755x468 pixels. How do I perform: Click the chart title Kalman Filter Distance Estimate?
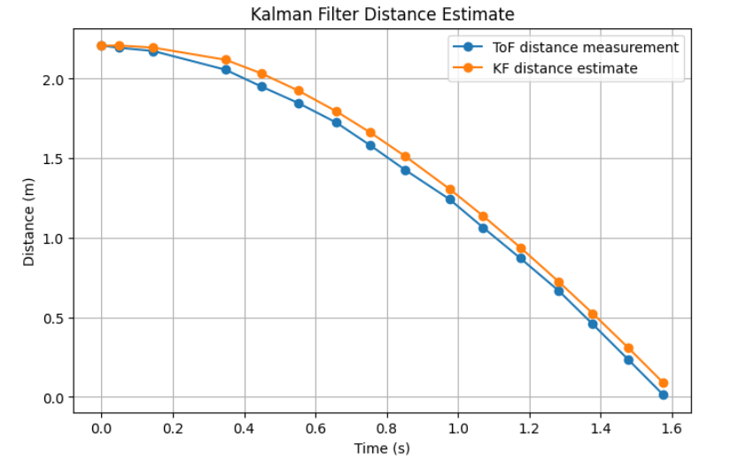(382, 14)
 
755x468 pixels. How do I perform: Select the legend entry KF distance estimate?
(564, 68)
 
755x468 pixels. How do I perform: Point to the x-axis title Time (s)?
(381, 448)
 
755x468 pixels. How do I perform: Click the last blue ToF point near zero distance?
(663, 394)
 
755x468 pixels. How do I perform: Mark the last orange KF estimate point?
(663, 383)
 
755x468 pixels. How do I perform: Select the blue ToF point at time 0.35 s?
(226, 70)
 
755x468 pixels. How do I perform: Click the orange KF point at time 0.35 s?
(226, 59)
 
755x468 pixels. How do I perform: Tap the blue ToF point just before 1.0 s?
(450, 199)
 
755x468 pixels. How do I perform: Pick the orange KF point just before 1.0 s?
(450, 190)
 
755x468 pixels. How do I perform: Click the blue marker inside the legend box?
(471, 47)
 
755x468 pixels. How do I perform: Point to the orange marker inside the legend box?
(471, 68)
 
